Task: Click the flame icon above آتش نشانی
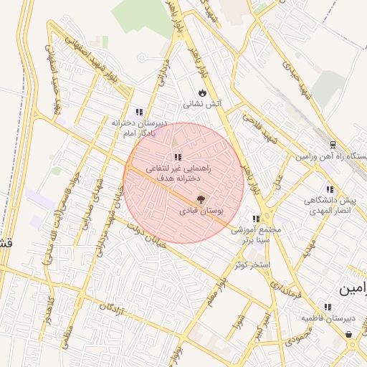203,92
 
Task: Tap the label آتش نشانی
203,104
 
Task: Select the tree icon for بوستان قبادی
200,200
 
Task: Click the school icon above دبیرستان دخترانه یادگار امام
139,112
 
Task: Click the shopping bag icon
348,334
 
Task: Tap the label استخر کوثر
251,264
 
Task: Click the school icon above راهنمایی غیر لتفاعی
177,157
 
